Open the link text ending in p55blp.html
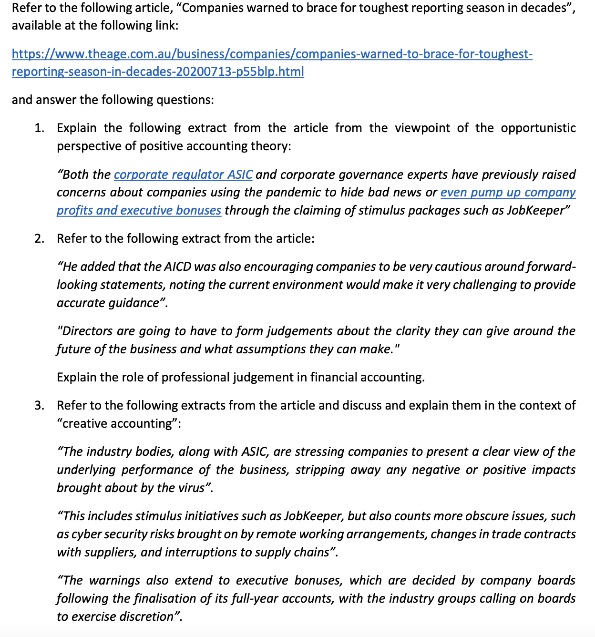click(x=158, y=72)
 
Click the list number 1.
click(x=39, y=128)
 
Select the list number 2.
click(x=39, y=238)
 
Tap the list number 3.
click(x=39, y=405)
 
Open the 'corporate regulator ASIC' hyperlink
click(x=183, y=175)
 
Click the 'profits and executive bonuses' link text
click(x=139, y=210)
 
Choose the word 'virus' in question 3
click(x=191, y=488)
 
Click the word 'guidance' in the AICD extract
click(x=133, y=303)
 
